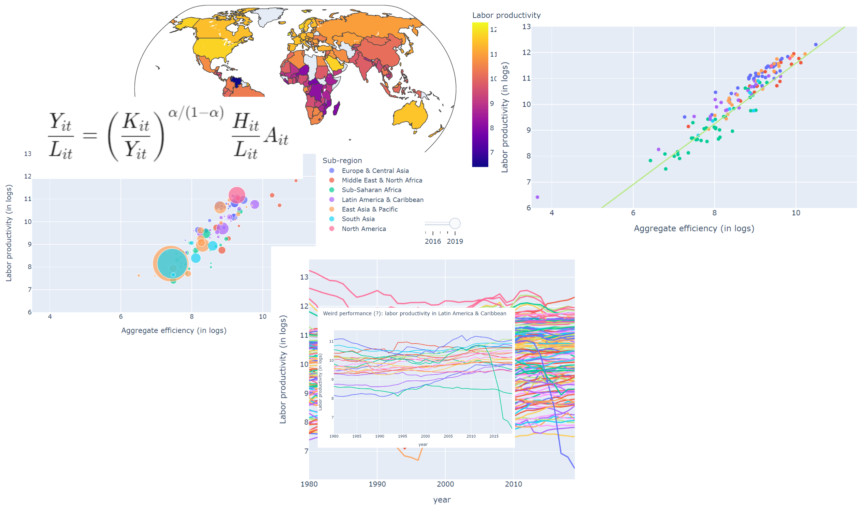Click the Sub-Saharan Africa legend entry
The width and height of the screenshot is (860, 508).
tap(371, 190)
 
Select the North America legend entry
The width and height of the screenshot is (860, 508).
tap(364, 229)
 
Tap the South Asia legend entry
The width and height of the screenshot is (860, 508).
tap(358, 219)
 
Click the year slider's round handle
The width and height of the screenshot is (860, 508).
tap(455, 224)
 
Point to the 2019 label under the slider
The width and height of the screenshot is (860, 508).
tap(455, 241)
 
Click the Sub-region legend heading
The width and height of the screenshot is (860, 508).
tap(342, 161)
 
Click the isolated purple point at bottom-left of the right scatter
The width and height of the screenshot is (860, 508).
tap(537, 197)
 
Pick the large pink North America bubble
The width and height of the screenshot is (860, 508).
tap(237, 196)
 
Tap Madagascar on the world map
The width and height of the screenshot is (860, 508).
tap(337, 108)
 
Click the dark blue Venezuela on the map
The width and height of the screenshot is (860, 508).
tap(236, 81)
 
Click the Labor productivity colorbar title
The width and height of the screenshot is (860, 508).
tap(506, 15)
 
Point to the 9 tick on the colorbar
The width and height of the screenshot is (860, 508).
tap(492, 103)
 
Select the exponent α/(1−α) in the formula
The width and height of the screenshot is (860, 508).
tap(196, 113)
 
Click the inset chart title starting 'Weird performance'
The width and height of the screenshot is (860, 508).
tap(414, 313)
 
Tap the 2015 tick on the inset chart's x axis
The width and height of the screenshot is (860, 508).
tap(494, 436)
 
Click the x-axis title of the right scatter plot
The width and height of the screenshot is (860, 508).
tap(694, 229)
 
